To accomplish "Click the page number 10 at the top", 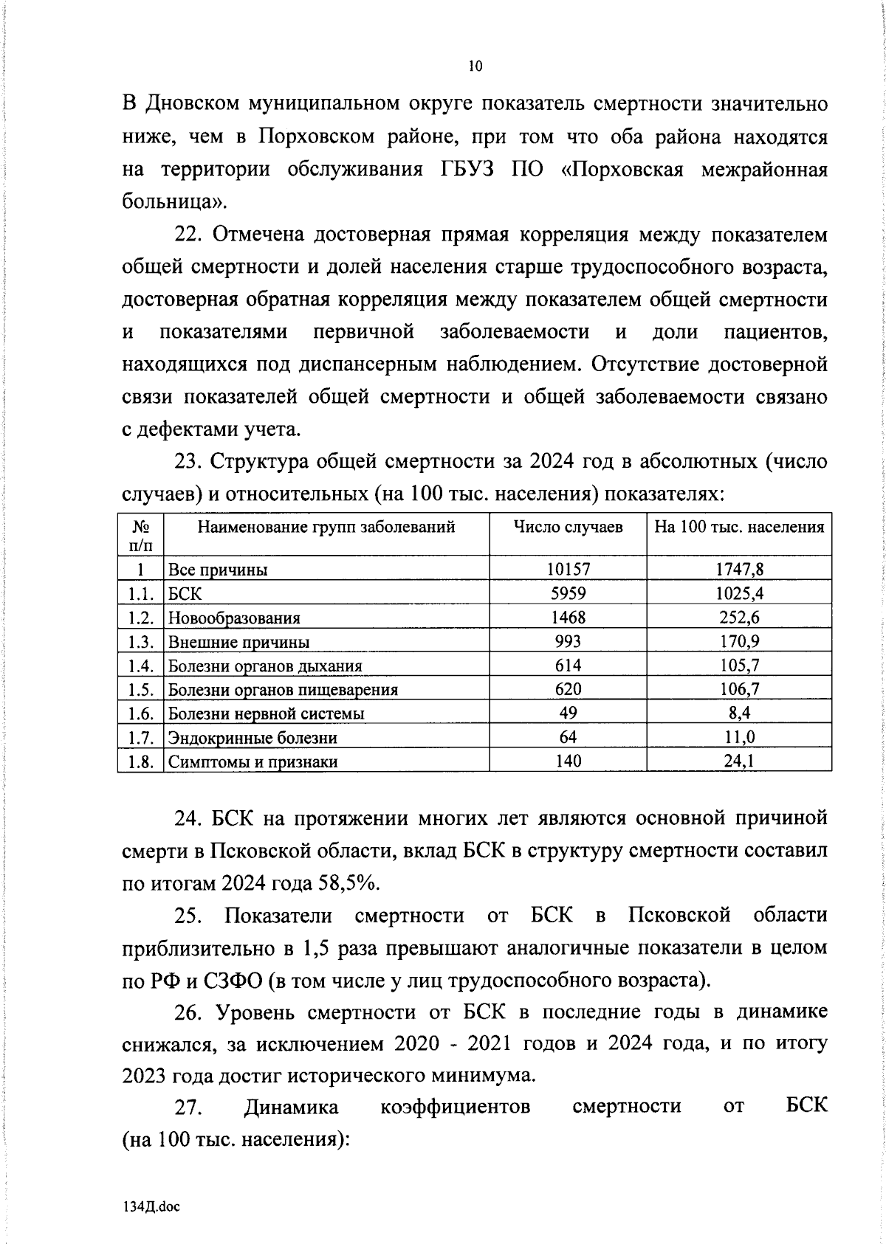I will click(x=475, y=66).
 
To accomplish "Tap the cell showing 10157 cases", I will click(x=568, y=569).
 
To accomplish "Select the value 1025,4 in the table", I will click(x=739, y=593).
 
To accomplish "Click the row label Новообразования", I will click(x=234, y=618).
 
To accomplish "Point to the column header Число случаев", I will click(x=568, y=527).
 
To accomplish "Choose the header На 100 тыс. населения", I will click(x=739, y=527).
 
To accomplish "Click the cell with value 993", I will click(x=568, y=641).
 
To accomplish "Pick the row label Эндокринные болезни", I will click(x=253, y=737).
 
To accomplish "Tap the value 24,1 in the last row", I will click(x=739, y=761).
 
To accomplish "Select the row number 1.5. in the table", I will click(x=140, y=689).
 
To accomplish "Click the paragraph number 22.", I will click(x=188, y=235).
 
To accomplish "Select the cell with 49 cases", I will click(x=568, y=713).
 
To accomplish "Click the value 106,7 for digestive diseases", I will click(x=739, y=689).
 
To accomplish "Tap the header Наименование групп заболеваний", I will click(x=326, y=527).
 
